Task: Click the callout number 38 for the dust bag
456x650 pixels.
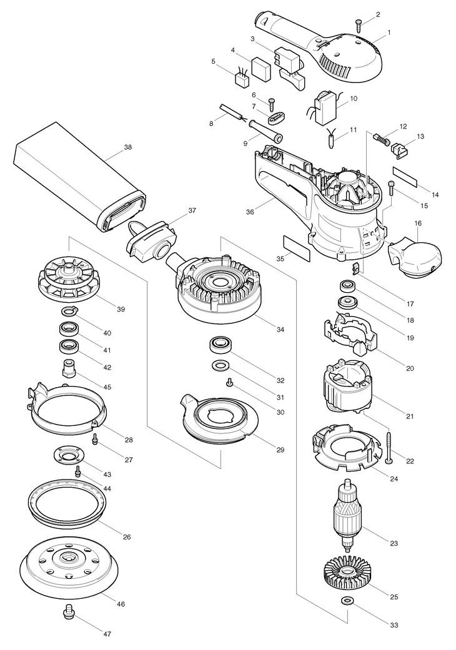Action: click(x=128, y=147)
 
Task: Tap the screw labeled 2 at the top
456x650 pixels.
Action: click(x=359, y=25)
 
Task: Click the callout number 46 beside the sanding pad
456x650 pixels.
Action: click(x=121, y=604)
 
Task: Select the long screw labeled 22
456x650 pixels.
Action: click(x=389, y=448)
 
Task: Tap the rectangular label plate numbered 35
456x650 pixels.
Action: click(x=296, y=249)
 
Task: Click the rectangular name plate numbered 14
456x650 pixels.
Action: click(x=405, y=176)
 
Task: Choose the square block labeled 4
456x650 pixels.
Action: click(x=260, y=69)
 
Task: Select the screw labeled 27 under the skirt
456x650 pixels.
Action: click(x=96, y=439)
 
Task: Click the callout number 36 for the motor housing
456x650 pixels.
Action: click(x=250, y=212)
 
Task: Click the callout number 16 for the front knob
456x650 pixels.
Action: click(x=418, y=224)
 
